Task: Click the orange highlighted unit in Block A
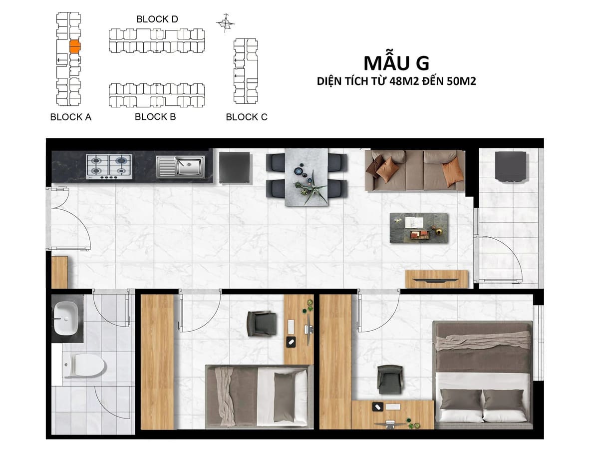(x=74, y=46)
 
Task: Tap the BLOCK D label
(x=157, y=19)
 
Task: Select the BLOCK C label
(x=247, y=117)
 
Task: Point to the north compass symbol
(x=226, y=23)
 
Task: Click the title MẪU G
(x=396, y=63)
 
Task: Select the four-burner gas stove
(x=109, y=167)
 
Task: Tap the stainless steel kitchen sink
(x=180, y=167)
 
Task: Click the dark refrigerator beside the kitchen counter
(x=235, y=167)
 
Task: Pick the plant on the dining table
(x=311, y=186)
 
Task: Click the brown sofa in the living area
(x=415, y=170)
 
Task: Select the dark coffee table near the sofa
(x=419, y=228)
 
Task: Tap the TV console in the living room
(x=437, y=279)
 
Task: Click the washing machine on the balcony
(x=511, y=166)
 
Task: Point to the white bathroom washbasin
(x=66, y=318)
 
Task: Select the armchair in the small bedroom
(x=262, y=324)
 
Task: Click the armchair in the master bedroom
(x=390, y=379)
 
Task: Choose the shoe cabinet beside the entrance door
(x=59, y=272)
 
